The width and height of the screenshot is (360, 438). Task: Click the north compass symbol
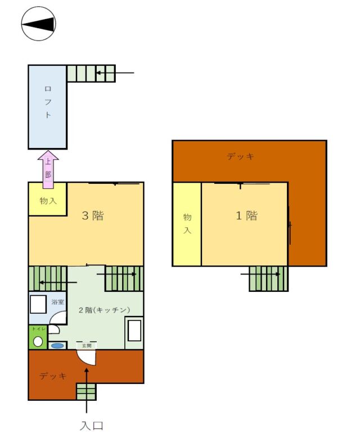(39, 24)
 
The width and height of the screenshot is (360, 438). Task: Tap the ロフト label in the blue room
(48, 102)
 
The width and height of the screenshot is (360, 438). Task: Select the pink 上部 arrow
(48, 169)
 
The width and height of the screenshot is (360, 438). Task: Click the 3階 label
(92, 215)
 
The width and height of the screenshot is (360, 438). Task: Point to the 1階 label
(246, 215)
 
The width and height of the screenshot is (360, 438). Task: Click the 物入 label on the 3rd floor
(48, 201)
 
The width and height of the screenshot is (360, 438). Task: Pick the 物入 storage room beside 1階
(187, 224)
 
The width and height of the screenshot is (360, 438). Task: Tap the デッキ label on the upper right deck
(240, 156)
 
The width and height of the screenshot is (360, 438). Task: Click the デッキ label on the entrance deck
(53, 376)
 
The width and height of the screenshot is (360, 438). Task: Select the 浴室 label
(57, 302)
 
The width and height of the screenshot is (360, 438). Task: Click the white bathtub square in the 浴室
(38, 304)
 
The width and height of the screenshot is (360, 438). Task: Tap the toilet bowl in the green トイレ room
(38, 341)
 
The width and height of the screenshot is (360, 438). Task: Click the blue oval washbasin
(57, 346)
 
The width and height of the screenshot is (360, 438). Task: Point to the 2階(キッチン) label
(104, 310)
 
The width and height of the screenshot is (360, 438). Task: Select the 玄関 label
(87, 346)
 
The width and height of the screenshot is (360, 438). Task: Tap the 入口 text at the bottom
(92, 426)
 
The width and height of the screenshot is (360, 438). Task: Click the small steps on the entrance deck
(87, 391)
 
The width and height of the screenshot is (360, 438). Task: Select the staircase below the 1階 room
(269, 278)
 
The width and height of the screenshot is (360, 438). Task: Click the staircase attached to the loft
(91, 74)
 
